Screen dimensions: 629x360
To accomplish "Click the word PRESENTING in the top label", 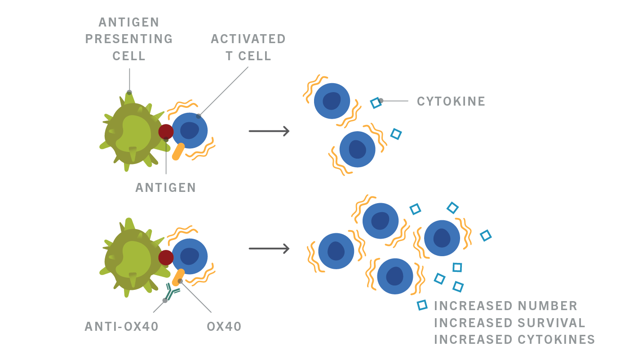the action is click(129, 39).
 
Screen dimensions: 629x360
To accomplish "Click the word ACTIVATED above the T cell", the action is click(248, 39).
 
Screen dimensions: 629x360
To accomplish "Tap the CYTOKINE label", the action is click(451, 102).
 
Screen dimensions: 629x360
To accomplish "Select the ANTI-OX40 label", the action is click(122, 327).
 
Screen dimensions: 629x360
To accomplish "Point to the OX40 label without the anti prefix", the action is click(224, 327).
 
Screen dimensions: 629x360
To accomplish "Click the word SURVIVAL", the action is click(552, 323).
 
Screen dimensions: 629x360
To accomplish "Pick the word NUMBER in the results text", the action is click(548, 306).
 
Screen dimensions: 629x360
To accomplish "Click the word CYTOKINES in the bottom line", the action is click(556, 339).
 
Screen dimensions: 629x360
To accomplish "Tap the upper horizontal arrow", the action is click(269, 131).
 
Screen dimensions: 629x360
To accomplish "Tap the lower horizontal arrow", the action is click(269, 249).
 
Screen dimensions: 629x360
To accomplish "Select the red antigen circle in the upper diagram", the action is click(166, 132).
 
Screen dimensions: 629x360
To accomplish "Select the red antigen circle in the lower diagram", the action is click(166, 258).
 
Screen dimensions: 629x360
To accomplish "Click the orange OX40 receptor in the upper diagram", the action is click(178, 151).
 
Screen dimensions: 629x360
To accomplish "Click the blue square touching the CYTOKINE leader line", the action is click(376, 103).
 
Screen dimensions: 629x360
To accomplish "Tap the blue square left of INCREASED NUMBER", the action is click(422, 305).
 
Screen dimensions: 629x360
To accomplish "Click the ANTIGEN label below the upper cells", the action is click(166, 188).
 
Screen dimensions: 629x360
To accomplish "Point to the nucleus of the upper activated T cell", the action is click(190, 130).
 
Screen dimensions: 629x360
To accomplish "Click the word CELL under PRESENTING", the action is click(129, 56).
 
